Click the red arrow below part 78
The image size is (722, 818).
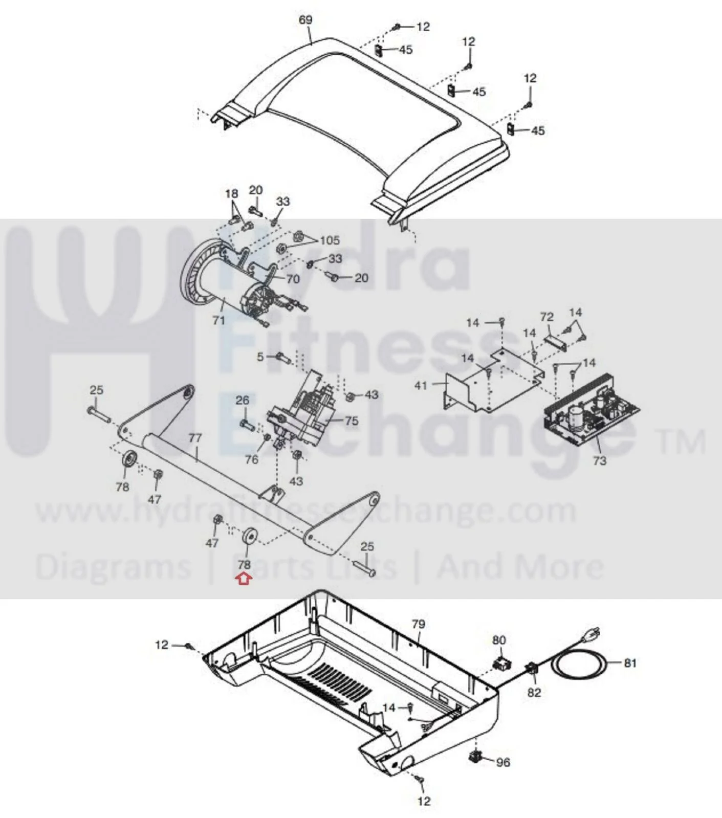(244, 579)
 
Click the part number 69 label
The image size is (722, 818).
(305, 20)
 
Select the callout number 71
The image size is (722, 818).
(219, 320)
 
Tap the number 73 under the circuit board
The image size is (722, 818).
(600, 460)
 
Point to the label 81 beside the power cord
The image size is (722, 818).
(630, 663)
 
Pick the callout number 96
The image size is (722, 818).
(504, 762)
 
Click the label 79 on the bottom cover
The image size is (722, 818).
(419, 624)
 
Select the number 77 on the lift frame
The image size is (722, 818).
(195, 438)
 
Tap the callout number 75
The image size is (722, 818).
(352, 421)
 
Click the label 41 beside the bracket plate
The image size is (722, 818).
(421, 385)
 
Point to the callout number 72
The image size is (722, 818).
(547, 317)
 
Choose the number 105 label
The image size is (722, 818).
(330, 240)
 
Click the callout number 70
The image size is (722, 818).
(293, 279)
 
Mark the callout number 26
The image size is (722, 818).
(243, 400)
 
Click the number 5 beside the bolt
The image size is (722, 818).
(260, 357)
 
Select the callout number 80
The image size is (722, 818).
(499, 640)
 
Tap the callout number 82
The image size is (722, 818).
(534, 692)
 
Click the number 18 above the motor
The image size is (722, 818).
(232, 193)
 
